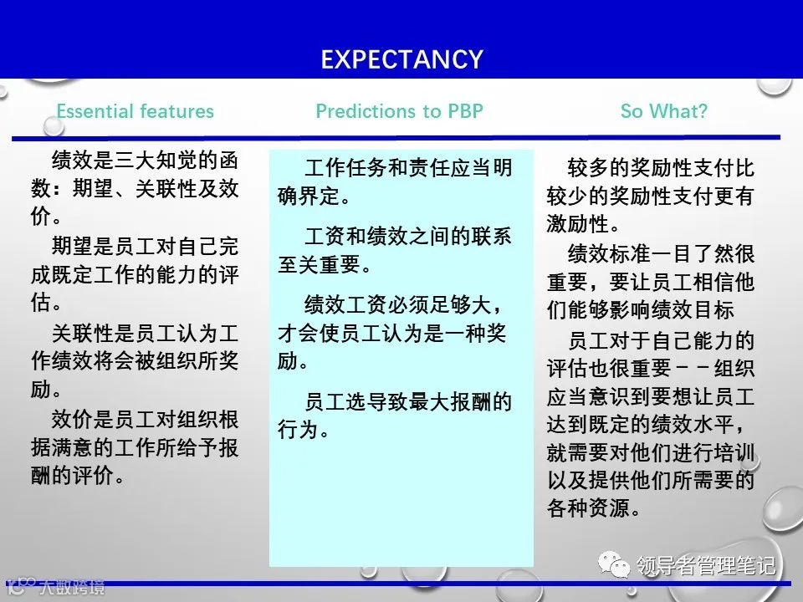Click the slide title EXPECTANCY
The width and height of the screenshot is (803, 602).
401,59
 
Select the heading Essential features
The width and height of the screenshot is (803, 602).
135,111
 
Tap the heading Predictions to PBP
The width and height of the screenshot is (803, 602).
399,111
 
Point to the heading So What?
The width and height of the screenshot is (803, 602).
663,111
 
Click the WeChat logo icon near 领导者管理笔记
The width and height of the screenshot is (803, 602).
620,567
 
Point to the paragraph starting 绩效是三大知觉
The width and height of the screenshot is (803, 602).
134,188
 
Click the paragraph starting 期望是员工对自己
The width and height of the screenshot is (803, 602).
134,273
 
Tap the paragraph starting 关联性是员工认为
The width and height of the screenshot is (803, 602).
134,360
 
